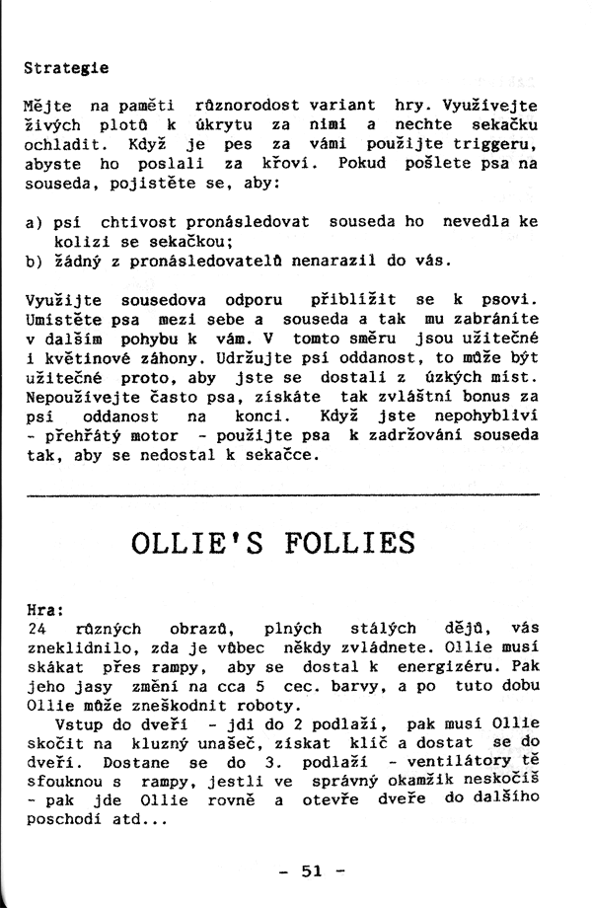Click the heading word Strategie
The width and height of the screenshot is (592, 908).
click(x=65, y=70)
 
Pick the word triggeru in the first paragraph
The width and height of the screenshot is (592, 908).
click(x=499, y=146)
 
